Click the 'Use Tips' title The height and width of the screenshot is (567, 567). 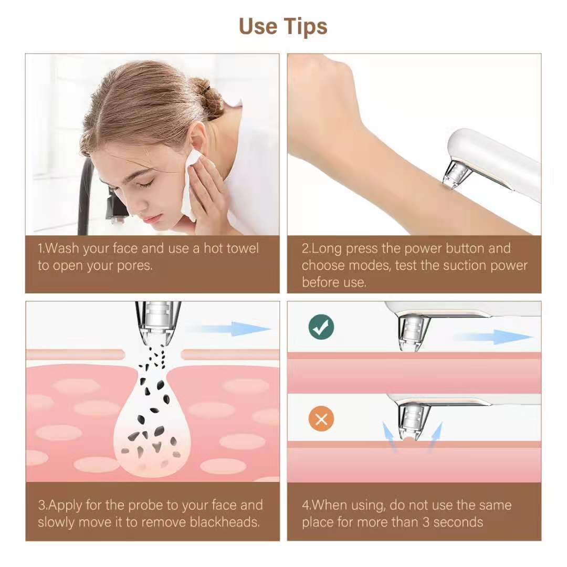point(283,26)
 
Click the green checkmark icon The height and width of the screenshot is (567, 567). point(321,327)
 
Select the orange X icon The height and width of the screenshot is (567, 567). point(321,419)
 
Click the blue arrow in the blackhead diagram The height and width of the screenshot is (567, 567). point(231,329)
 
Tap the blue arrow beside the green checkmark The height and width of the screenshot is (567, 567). point(493,337)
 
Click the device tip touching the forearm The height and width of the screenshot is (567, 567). point(453,176)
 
